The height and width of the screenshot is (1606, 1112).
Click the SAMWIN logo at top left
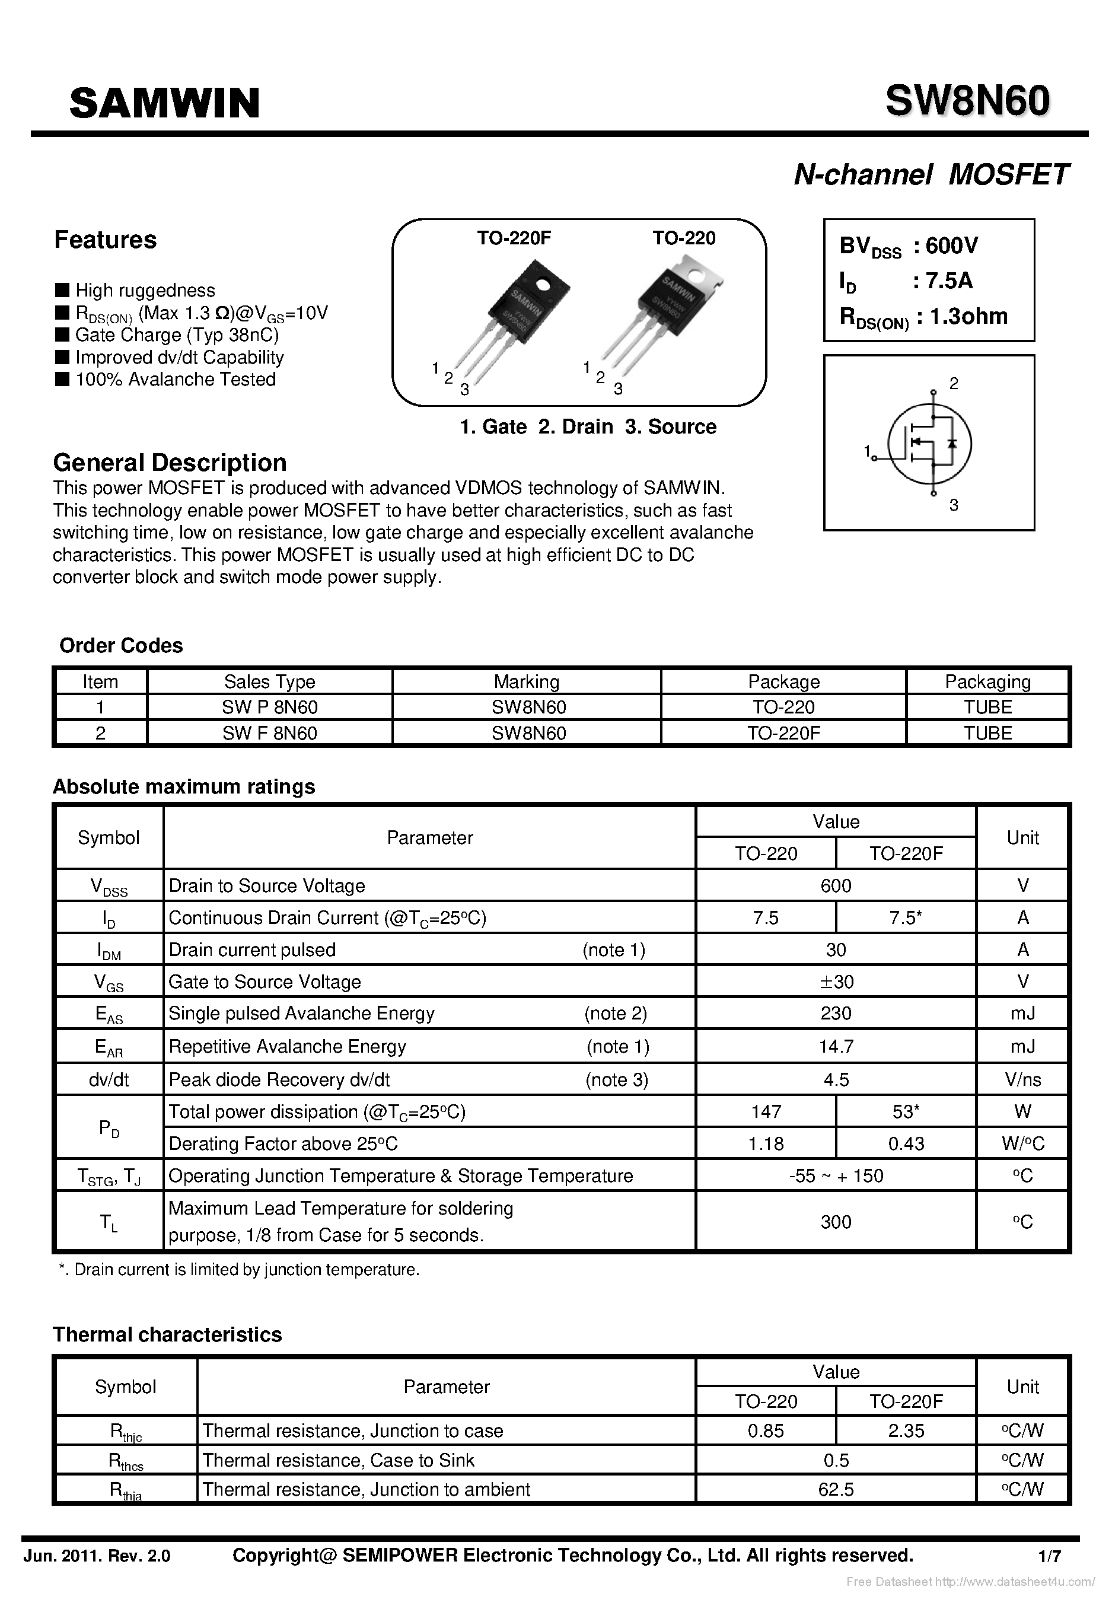coord(164,103)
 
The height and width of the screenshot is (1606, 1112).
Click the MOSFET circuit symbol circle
coord(929,444)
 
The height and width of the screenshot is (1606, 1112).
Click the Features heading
coord(105,240)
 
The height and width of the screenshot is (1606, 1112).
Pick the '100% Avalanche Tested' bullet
coord(175,379)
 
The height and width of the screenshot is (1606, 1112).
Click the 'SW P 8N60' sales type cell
coord(270,707)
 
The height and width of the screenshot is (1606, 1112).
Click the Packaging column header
coord(987,681)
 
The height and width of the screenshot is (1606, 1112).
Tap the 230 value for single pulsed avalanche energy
coord(836,1014)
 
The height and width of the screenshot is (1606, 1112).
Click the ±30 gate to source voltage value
coord(836,982)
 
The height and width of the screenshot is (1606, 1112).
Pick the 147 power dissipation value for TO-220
coord(766,1111)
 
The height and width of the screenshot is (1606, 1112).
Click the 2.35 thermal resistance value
coord(905,1430)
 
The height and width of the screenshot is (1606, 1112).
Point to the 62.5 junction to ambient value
coord(836,1489)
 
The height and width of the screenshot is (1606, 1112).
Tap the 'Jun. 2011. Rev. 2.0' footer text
coord(97,1556)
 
